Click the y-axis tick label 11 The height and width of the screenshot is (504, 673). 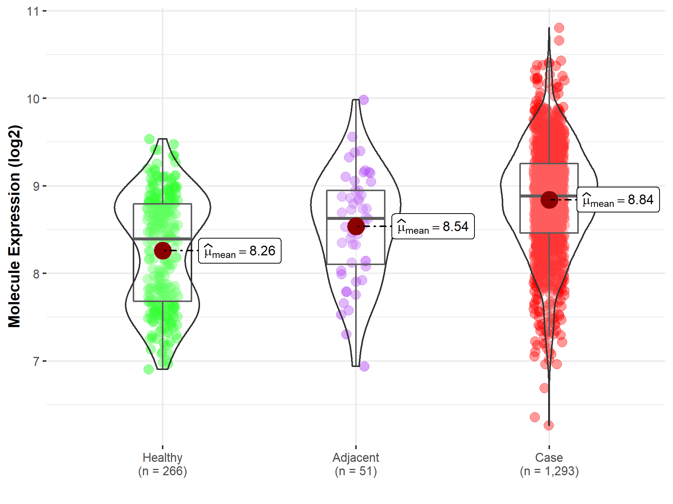33,11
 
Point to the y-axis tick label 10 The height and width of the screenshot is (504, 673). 33,99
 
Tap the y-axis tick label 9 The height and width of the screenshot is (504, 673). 36,186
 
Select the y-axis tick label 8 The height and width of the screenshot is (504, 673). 36,274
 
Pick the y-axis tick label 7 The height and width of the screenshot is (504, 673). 36,361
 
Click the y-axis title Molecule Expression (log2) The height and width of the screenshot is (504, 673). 14,226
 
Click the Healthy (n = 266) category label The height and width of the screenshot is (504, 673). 162,464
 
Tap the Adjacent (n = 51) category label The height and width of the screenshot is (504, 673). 356,464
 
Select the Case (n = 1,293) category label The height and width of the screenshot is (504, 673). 549,464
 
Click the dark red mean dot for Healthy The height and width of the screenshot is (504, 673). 163,251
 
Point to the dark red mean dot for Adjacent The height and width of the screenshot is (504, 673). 356,226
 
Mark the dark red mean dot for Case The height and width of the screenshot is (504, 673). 549,200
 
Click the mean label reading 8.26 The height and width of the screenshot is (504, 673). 240,251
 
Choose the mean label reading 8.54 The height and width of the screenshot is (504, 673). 433,227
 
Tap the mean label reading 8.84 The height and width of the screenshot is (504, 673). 618,200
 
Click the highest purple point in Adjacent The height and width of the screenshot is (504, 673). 363,100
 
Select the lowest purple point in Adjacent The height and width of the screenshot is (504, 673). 364,366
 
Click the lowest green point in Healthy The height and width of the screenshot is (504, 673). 148,369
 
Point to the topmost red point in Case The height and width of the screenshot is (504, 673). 559,28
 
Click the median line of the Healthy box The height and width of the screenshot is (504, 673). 163,239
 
